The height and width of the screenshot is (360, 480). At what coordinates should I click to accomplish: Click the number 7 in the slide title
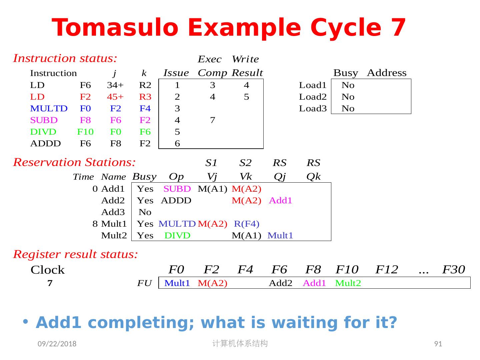tap(398, 28)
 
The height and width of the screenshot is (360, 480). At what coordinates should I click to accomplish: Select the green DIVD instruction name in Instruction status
tap(43, 132)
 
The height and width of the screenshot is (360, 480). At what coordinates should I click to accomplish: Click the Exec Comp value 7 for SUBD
tap(213, 120)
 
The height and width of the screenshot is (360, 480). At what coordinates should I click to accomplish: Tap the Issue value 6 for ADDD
tap(177, 144)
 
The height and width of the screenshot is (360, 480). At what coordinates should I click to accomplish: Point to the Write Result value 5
tap(246, 97)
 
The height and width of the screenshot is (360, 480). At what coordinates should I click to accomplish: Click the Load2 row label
tap(313, 97)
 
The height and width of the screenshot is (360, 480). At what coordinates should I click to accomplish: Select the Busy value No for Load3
tap(348, 109)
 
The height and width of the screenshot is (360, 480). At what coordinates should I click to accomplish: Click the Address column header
tap(387, 73)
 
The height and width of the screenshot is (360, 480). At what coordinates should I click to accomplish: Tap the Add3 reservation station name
tap(113, 212)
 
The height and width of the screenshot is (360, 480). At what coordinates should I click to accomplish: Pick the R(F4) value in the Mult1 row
tap(247, 224)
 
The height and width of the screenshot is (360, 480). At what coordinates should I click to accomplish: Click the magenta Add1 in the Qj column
tap(280, 201)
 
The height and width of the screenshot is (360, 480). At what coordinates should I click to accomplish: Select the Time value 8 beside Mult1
tap(95, 224)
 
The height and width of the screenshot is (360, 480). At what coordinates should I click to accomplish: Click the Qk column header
tap(313, 177)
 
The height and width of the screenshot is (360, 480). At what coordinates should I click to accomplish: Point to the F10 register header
tap(347, 269)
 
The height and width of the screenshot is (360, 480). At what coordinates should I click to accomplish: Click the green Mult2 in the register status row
tap(348, 283)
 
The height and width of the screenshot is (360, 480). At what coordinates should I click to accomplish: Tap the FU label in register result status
tap(144, 283)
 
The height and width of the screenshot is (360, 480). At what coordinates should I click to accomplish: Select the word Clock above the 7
tap(48, 270)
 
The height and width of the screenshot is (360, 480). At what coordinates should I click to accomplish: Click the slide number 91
tap(438, 344)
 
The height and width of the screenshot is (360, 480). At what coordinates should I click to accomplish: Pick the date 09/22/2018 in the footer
tap(57, 344)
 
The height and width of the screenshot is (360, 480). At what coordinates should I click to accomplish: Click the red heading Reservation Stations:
tap(74, 162)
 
